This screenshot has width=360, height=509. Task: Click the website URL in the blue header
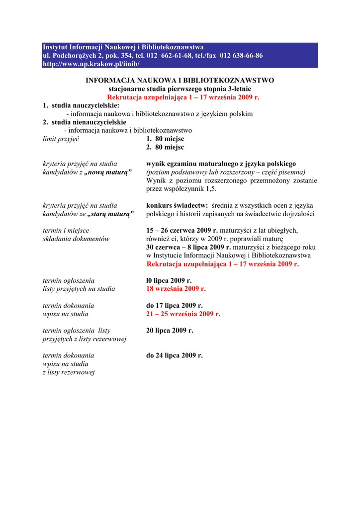[91, 64]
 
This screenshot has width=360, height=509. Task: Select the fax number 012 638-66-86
[241, 56]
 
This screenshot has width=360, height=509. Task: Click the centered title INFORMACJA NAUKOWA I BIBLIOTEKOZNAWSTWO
[180, 80]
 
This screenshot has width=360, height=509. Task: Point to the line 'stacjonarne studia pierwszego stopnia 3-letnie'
[180, 88]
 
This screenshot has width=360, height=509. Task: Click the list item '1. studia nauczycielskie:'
[81, 105]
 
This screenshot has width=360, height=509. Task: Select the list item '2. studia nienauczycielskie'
[85, 122]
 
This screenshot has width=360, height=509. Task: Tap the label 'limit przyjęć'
[61, 139]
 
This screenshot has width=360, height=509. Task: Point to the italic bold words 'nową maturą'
[108, 172]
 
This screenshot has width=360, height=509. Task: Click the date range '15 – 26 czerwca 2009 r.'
[182, 230]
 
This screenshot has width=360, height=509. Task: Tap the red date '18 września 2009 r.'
[176, 289]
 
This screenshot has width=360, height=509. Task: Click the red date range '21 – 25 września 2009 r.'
[183, 314]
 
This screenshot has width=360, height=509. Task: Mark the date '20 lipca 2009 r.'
[170, 330]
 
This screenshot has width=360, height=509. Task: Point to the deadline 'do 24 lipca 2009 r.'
[175, 355]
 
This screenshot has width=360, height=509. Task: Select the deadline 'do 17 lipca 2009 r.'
[175, 305]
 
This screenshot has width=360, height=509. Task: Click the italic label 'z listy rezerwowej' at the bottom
[69, 372]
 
